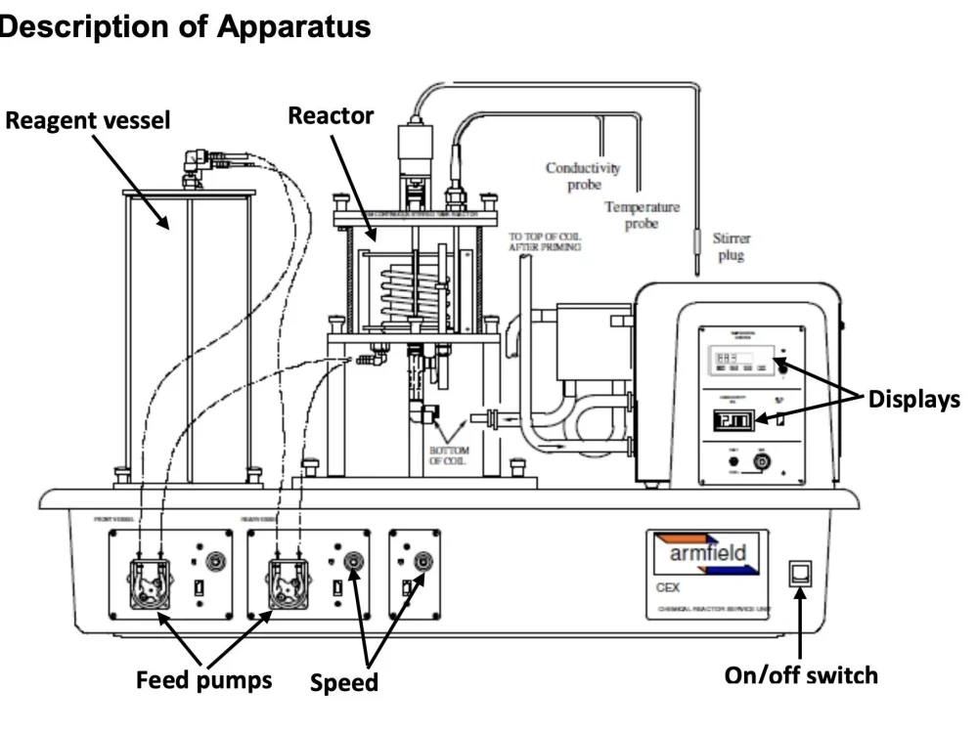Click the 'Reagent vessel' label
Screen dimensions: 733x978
pos(88,121)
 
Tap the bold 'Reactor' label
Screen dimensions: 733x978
pos(331,115)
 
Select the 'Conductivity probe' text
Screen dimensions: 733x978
pos(583,176)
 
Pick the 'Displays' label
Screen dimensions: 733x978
pos(911,401)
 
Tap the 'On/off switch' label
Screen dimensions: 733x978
pos(800,674)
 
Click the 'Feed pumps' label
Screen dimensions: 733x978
pos(203,679)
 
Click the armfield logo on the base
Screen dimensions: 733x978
pos(706,553)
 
